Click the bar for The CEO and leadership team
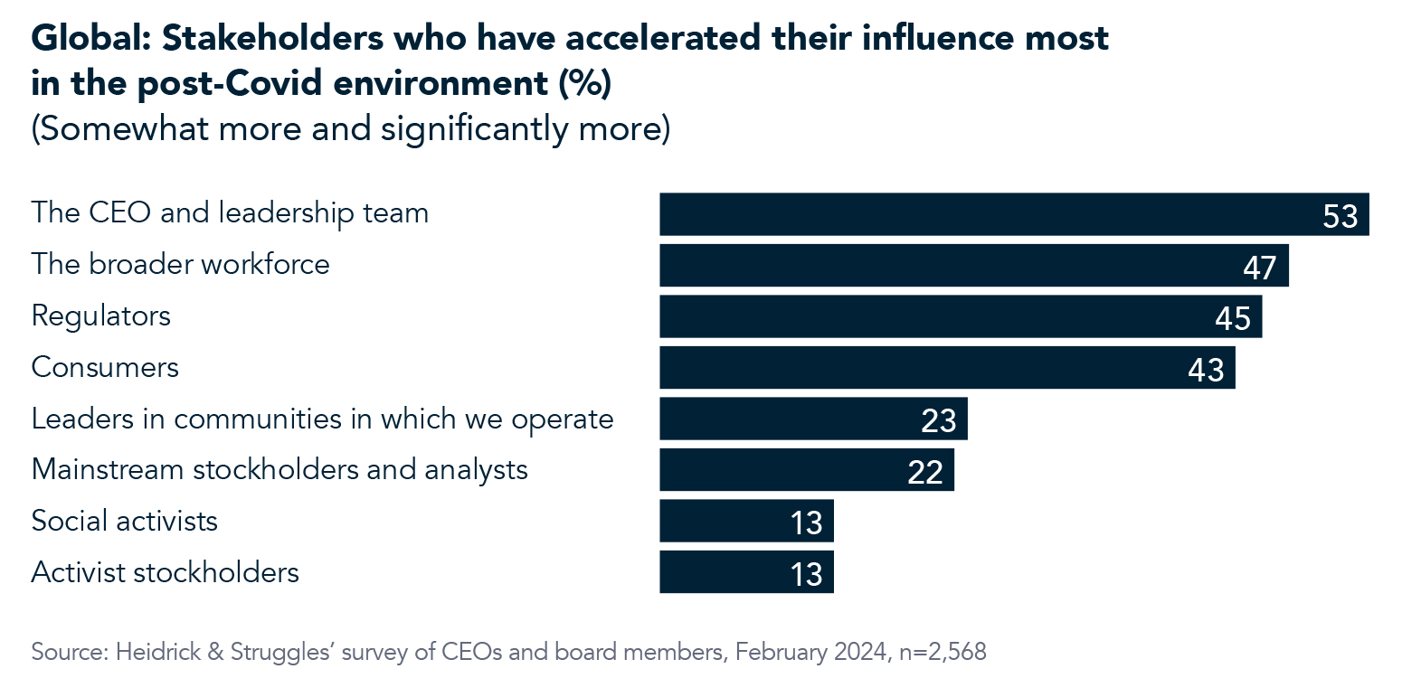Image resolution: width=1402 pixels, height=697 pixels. click(x=1013, y=214)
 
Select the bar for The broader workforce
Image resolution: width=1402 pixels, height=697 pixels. click(x=973, y=266)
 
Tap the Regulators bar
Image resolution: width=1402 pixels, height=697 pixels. click(x=960, y=316)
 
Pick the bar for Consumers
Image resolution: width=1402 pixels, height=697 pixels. click(x=946, y=368)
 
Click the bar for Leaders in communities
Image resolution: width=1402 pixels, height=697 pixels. click(x=812, y=419)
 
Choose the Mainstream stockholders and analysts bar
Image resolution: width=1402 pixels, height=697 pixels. click(x=806, y=470)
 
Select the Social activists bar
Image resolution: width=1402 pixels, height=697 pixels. click(x=745, y=521)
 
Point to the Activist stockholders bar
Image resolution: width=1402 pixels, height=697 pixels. click(x=745, y=572)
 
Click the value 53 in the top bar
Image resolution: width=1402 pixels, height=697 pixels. click(x=1340, y=217)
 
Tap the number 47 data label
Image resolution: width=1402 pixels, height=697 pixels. click(x=1259, y=268)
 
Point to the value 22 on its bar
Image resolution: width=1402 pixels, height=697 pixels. click(x=925, y=473)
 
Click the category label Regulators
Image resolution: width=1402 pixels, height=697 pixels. click(x=100, y=316)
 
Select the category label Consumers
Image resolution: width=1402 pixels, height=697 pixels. click(x=105, y=368)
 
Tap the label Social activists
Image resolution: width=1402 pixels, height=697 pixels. click(x=124, y=522)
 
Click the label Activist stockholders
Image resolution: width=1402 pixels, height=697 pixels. click(x=165, y=572)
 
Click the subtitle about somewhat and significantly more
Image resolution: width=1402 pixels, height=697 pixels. click(x=350, y=128)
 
